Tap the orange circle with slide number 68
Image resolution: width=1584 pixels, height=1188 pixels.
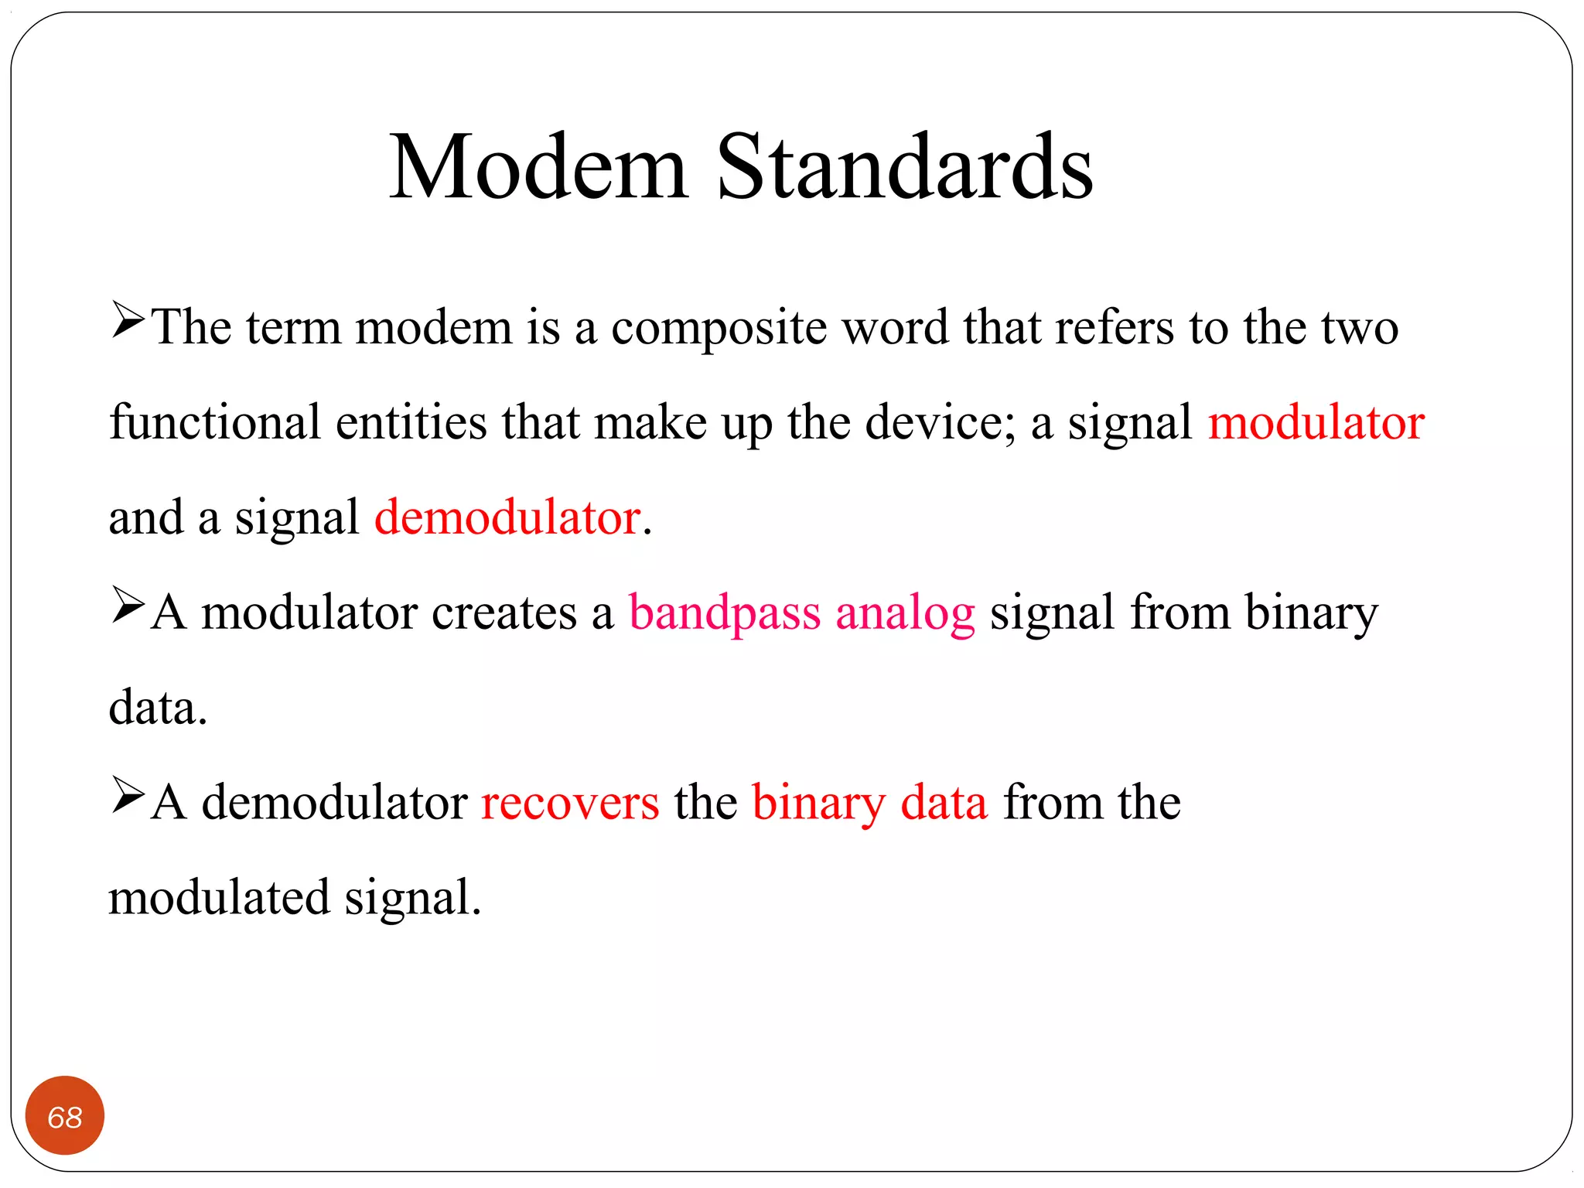pyautogui.click(x=65, y=1116)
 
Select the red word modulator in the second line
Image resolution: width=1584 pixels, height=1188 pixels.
pyautogui.click(x=1316, y=423)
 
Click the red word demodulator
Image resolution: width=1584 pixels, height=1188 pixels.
pyautogui.click(x=507, y=517)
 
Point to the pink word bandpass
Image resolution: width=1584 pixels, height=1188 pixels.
pyautogui.click(x=724, y=613)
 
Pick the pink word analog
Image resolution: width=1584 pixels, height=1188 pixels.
pyautogui.click(x=905, y=613)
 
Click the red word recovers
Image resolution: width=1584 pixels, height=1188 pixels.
pyautogui.click(x=570, y=803)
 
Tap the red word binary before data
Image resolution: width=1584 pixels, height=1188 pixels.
pyautogui.click(x=818, y=803)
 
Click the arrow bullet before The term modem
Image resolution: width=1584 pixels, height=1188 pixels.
pyautogui.click(x=128, y=320)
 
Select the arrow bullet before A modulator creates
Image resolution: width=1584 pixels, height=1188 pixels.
pyautogui.click(x=128, y=606)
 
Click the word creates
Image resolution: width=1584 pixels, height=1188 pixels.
pyautogui.click(x=504, y=613)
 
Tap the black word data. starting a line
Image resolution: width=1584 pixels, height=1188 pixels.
pyautogui.click(x=158, y=708)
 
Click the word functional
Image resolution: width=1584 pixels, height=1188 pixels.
pyautogui.click(x=214, y=423)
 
